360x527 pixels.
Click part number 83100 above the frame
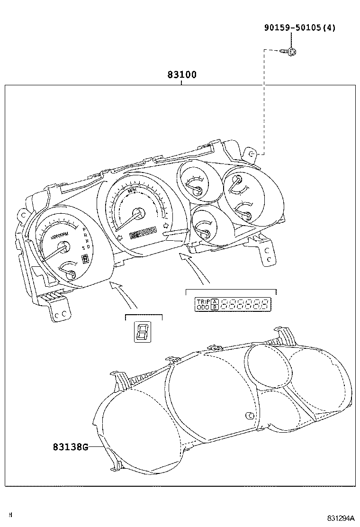point(181,75)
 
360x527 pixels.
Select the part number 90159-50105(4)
point(299,28)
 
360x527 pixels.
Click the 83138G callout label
point(70,446)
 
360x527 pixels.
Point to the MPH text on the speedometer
point(133,191)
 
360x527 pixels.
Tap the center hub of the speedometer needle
point(138,213)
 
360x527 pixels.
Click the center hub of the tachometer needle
point(63,245)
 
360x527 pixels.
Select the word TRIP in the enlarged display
point(203,301)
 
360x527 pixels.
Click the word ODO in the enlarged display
point(203,308)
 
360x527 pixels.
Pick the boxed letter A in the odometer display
point(215,301)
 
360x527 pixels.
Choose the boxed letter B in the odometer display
point(215,308)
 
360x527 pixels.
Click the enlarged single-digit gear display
point(142,333)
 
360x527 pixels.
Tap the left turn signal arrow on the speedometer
point(120,236)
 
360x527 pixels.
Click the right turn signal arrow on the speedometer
point(166,225)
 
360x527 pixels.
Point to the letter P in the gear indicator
point(84,229)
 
